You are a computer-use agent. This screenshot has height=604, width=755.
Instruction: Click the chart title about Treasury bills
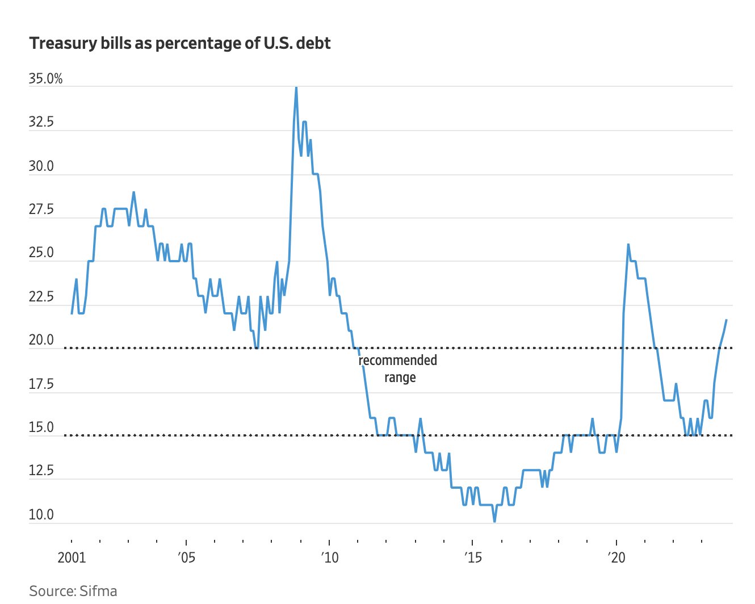pos(179,44)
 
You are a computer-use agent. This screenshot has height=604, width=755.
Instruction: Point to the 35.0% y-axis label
pos(45,79)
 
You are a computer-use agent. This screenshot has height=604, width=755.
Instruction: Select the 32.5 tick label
pos(41,123)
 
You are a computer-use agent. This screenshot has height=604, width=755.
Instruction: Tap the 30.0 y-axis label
pos(41,166)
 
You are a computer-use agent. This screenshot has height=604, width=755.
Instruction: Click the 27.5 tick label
pos(41,210)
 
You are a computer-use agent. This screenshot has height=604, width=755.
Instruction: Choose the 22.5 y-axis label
pos(41,297)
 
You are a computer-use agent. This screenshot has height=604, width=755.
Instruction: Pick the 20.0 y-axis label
pos(41,341)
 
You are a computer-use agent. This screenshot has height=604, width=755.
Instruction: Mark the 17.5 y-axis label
pos(41,384)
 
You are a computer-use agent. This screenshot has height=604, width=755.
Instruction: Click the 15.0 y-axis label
pos(41,427)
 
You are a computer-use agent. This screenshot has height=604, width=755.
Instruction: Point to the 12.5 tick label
pos(41,471)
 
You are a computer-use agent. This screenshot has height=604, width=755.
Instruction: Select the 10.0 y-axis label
pos(41,515)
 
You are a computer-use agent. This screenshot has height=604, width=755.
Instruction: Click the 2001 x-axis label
pos(72,557)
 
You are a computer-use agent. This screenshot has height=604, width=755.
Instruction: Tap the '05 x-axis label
pos(186,557)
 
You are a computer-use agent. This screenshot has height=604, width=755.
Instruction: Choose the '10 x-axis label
pos(329,557)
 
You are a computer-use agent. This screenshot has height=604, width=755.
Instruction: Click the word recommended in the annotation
pos(398,360)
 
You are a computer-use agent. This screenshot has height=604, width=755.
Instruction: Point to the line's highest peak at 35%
pos(296,87)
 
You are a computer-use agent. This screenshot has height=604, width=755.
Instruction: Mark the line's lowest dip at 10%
pos(494,521)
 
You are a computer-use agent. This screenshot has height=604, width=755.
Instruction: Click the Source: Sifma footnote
pos(73,591)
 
